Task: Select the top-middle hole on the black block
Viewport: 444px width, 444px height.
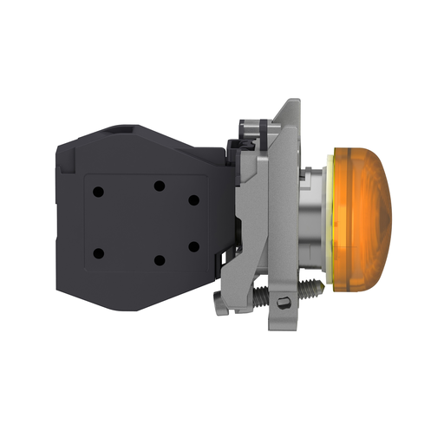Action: [159, 185]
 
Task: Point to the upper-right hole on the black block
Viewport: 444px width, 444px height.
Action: [193, 199]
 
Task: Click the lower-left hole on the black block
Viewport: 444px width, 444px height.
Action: [97, 253]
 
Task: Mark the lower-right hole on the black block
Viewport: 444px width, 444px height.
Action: [193, 246]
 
